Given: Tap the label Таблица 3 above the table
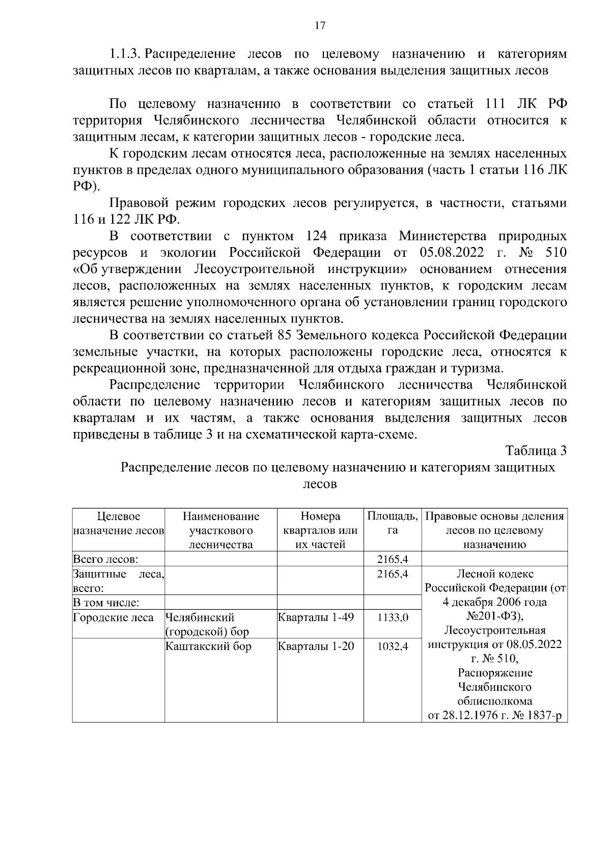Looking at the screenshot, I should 536,451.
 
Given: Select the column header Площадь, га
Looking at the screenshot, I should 393,523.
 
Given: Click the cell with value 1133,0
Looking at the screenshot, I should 393,617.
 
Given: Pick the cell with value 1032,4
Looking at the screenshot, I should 393,647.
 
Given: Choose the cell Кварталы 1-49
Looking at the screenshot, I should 316,617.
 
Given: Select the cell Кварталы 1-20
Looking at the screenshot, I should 316,646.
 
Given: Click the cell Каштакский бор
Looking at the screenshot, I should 209,646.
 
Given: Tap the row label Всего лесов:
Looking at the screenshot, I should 105,559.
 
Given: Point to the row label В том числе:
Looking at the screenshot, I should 106,603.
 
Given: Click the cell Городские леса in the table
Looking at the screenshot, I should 113,617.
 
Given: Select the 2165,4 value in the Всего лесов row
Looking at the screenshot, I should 393,559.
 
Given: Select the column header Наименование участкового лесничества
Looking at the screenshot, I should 221,530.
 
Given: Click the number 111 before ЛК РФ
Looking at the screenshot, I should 491,104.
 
